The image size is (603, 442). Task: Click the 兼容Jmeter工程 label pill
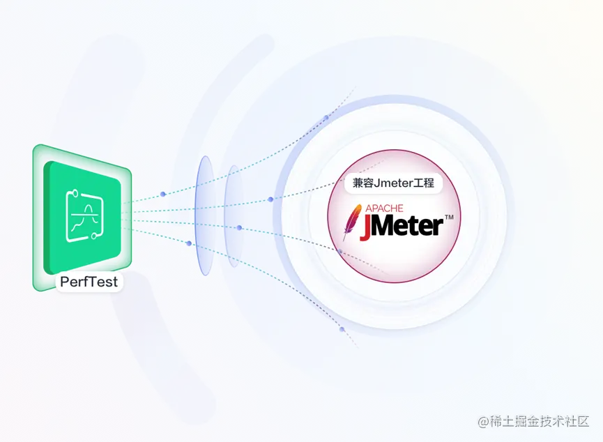394,183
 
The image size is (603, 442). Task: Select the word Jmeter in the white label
394,183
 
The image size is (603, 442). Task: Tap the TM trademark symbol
449,218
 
